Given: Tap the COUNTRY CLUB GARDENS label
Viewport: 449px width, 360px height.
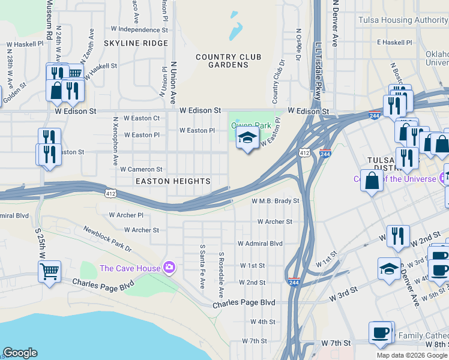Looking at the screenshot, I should click(x=228, y=61).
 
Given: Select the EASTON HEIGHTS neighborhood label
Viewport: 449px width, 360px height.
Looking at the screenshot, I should click(x=173, y=181).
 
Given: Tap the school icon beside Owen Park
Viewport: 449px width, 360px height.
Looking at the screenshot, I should click(x=247, y=139).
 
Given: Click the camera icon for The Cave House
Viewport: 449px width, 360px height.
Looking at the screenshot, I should click(x=169, y=267).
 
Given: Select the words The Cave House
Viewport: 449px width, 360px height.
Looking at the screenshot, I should click(x=130, y=268).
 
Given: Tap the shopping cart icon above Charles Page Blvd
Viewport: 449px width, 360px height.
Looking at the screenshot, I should click(x=49, y=271).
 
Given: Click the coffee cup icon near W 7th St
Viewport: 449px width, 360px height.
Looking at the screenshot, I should click(x=380, y=332).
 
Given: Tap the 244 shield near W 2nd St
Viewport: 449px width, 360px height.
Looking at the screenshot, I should click(x=294, y=281).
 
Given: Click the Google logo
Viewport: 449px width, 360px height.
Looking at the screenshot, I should click(x=20, y=353).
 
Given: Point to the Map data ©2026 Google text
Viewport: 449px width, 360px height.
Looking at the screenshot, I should click(x=412, y=355).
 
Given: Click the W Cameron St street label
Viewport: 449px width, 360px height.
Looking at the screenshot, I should click(x=141, y=170).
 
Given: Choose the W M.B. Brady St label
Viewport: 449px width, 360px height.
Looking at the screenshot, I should click(x=275, y=201).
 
